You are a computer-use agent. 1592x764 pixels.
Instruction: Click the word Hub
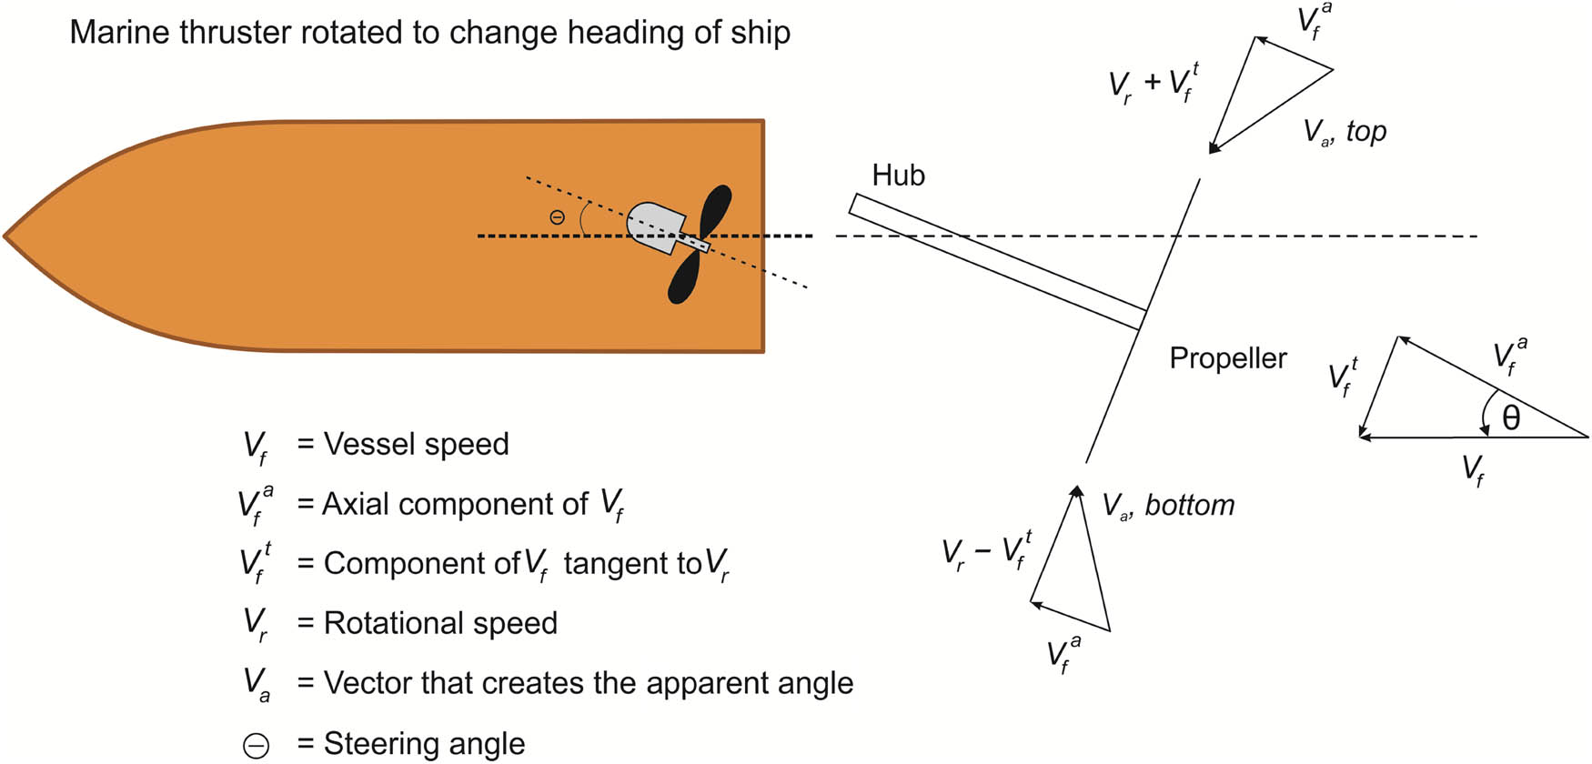(x=898, y=175)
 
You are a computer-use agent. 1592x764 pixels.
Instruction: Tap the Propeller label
(x=1227, y=357)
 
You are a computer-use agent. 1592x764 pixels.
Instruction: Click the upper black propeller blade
(x=716, y=211)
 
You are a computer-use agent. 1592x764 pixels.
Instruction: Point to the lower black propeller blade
(x=685, y=277)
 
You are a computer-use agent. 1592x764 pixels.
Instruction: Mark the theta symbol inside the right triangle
(x=1511, y=417)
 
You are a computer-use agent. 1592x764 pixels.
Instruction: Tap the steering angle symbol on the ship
(x=557, y=217)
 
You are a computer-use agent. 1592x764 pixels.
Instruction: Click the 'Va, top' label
(x=1345, y=132)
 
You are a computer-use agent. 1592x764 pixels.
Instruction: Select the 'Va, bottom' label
(x=1168, y=505)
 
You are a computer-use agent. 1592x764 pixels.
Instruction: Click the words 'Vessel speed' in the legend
(x=416, y=444)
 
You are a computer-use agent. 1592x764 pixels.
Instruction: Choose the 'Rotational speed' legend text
(x=440, y=623)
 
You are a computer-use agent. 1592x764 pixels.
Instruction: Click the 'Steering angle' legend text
(x=424, y=743)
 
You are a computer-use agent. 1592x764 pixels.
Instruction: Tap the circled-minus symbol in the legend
(x=257, y=746)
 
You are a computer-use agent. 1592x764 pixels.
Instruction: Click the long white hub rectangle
(x=997, y=261)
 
